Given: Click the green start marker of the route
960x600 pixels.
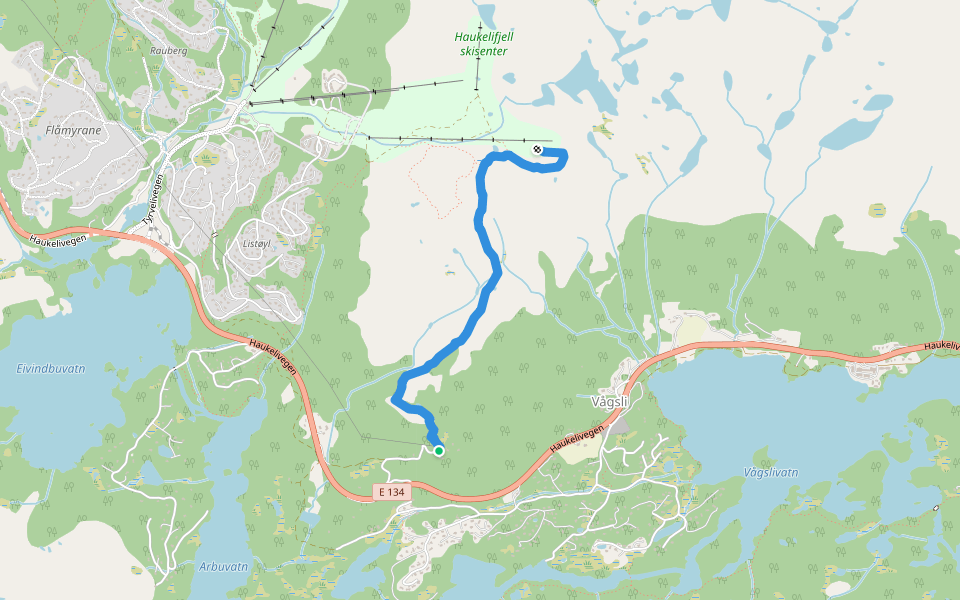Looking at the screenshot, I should [438, 451].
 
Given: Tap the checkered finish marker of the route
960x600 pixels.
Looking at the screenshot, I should [538, 150].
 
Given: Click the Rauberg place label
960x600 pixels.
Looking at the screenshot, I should [168, 49].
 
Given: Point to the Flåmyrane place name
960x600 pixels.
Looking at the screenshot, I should [73, 130].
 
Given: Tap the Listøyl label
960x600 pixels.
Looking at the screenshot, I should [258, 242].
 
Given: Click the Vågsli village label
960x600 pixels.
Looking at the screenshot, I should [609, 402].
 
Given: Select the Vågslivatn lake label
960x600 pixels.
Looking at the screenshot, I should [771, 471].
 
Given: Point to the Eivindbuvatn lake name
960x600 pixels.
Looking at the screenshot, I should [51, 368].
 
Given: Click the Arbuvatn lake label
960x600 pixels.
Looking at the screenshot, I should [223, 566].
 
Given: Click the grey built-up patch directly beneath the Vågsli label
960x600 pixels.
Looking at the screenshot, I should [620, 424].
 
